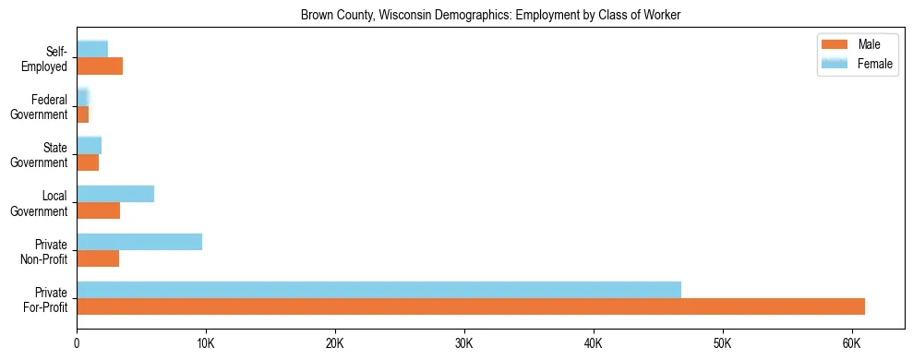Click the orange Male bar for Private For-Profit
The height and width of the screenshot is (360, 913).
471,306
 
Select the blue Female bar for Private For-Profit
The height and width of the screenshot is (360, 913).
378,290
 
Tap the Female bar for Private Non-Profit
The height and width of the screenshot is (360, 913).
139,242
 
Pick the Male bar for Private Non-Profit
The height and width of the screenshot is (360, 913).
98,258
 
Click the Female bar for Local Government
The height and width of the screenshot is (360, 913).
115,194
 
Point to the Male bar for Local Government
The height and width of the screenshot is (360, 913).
98,210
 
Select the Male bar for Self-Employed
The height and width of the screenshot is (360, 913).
100,66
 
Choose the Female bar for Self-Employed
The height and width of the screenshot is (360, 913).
92,49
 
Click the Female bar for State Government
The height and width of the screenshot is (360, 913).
89,145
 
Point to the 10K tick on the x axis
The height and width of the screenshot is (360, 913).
206,343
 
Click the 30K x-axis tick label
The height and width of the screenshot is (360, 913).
464,343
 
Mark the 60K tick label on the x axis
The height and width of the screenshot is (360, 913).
851,343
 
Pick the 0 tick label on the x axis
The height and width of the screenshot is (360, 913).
77,343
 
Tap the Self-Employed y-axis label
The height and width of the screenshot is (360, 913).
46,59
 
